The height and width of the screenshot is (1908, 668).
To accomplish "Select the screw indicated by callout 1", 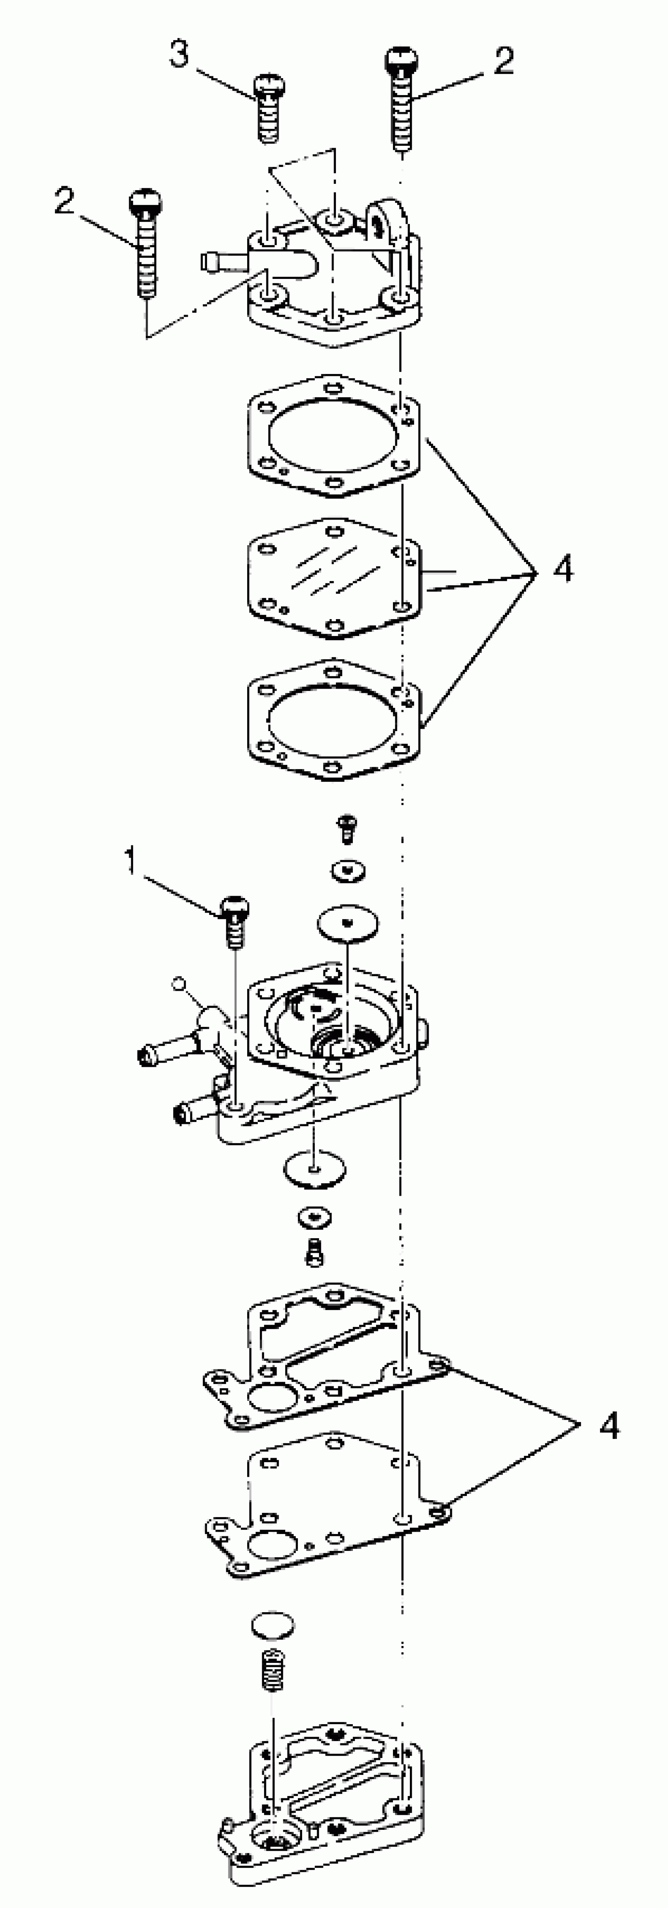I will click(x=235, y=920).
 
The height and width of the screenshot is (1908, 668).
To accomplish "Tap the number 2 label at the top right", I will click(x=504, y=61).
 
